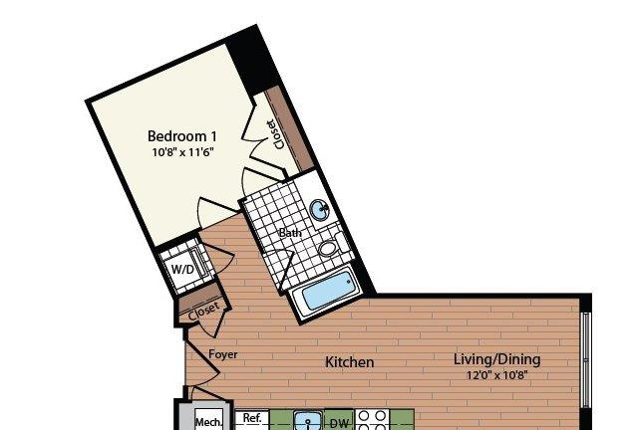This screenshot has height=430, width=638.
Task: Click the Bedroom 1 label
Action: tap(181, 136)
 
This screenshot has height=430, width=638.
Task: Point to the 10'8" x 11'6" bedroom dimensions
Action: tap(182, 152)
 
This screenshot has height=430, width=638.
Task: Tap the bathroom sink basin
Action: tap(320, 210)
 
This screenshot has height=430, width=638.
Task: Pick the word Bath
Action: tap(290, 233)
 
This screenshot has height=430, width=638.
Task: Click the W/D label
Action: tap(182, 269)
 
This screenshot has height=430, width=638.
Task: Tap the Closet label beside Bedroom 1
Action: tap(275, 134)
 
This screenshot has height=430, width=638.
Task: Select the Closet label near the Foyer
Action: tap(203, 311)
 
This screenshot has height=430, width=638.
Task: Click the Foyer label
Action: tap(223, 354)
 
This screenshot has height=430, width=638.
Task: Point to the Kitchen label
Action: tap(350, 362)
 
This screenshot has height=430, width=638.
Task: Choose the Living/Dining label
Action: tap(496, 359)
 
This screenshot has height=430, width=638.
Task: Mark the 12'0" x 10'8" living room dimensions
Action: tap(496, 374)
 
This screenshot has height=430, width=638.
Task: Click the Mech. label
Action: tap(209, 422)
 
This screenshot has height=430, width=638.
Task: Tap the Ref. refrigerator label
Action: tap(252, 418)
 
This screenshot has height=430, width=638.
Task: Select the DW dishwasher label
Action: tap(339, 423)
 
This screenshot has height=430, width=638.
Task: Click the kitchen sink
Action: tap(308, 421)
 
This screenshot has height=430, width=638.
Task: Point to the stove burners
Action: tap(372, 420)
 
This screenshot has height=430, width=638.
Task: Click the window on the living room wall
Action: tap(585, 360)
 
